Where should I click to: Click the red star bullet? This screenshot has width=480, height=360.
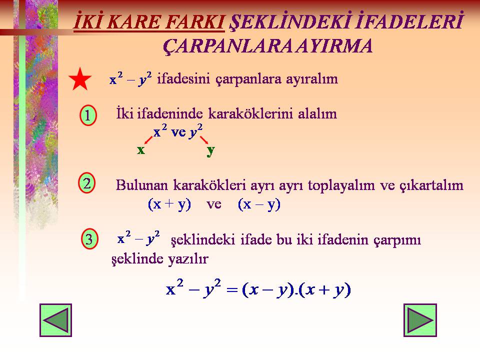[80, 80]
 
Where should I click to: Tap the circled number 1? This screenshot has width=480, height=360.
[88, 115]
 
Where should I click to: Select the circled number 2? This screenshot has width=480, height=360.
[87, 183]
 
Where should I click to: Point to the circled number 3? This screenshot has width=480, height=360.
[89, 239]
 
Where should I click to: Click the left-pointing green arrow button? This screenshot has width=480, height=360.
[55, 320]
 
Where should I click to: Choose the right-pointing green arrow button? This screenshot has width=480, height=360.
[420, 320]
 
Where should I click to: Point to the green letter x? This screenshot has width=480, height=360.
[141, 150]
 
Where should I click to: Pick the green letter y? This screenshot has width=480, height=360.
[210, 151]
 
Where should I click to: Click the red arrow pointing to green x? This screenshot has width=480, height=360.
[148, 140]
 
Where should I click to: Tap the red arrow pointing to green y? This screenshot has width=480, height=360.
[204, 140]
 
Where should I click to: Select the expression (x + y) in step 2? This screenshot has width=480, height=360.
[169, 204]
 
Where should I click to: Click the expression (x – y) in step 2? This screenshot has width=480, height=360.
[259, 204]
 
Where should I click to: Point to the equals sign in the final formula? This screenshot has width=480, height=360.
[232, 289]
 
